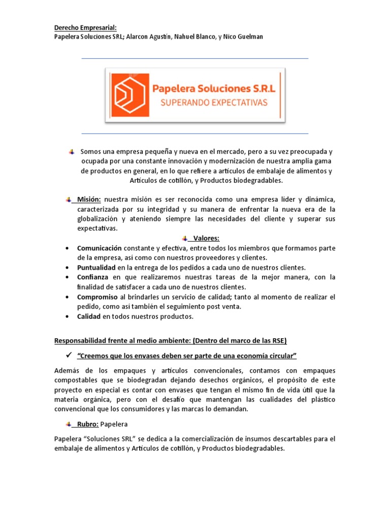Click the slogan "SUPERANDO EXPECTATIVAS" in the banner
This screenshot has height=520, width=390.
tap(213, 103)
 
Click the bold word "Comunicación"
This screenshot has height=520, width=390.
tap(100, 248)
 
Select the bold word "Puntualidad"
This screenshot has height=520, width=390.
tap(96, 268)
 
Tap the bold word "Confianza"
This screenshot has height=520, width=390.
tap(93, 277)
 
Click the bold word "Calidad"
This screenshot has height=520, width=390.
tap(89, 316)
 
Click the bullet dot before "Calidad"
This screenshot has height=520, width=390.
tap(68, 316)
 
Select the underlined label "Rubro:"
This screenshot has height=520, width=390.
tap(88, 424)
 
